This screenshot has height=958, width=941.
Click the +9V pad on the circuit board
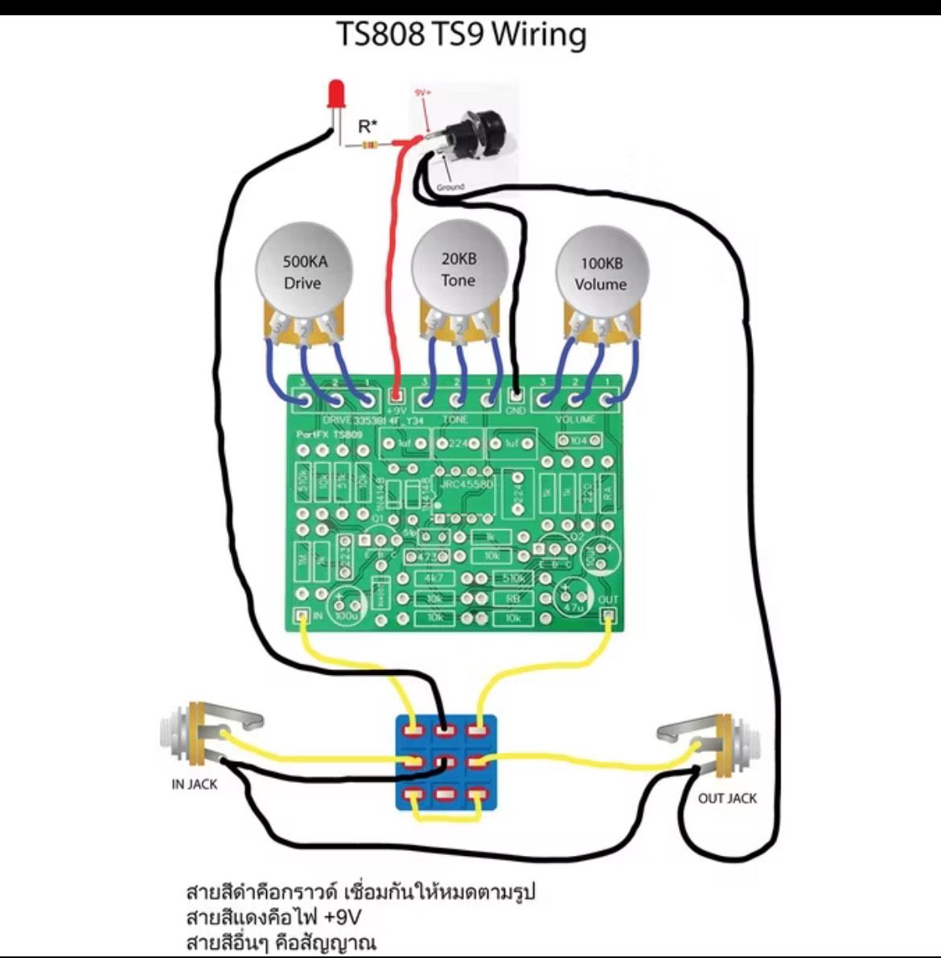[x=396, y=397]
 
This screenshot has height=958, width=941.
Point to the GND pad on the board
[x=516, y=397]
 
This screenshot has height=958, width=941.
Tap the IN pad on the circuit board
[x=302, y=615]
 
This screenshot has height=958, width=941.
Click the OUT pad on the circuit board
[x=609, y=615]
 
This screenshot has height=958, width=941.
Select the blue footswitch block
[x=444, y=763]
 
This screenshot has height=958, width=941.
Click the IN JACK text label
[x=194, y=784]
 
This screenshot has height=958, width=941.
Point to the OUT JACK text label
[x=727, y=798]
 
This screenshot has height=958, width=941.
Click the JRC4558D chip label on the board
[x=467, y=483]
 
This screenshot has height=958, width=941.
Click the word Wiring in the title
[x=539, y=35]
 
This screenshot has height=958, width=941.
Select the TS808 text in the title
[x=379, y=35]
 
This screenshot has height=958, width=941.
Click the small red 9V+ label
[x=422, y=93]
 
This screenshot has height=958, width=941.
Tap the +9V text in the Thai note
[x=343, y=917]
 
